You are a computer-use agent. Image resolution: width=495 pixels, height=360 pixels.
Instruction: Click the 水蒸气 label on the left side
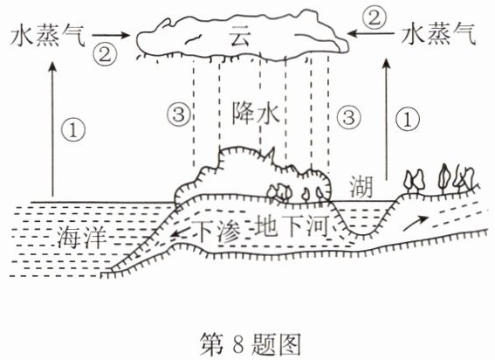(x=48, y=37)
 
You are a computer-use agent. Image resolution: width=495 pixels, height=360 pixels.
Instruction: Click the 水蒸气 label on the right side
(x=438, y=34)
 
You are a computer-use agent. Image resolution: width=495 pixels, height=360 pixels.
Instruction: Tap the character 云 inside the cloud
(x=240, y=36)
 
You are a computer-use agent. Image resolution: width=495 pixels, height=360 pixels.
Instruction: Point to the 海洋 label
(x=81, y=237)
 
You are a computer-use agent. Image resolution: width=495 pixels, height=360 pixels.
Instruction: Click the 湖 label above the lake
(x=361, y=187)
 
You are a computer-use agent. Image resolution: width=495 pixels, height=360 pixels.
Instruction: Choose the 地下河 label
(x=292, y=225)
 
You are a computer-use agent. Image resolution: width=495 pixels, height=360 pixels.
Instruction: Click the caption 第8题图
(x=250, y=344)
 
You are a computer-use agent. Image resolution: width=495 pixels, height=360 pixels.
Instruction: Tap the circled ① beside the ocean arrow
(x=73, y=130)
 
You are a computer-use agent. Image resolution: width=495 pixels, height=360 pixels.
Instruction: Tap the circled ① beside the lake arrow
(x=408, y=120)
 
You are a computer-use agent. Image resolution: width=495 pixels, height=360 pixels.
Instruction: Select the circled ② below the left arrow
(x=105, y=54)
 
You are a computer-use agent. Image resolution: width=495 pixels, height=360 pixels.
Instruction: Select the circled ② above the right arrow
(x=375, y=18)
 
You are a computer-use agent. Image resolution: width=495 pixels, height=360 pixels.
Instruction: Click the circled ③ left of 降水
(x=179, y=114)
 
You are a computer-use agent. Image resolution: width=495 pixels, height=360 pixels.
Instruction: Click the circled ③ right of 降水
(x=348, y=117)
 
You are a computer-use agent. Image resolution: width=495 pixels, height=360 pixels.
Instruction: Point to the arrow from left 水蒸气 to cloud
(x=111, y=35)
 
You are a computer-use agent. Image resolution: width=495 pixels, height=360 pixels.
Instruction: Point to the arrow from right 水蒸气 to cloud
(x=371, y=33)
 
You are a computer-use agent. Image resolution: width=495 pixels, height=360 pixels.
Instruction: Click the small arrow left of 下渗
(x=182, y=233)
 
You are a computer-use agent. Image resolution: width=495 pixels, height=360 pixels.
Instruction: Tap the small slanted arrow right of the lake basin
(x=416, y=223)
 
